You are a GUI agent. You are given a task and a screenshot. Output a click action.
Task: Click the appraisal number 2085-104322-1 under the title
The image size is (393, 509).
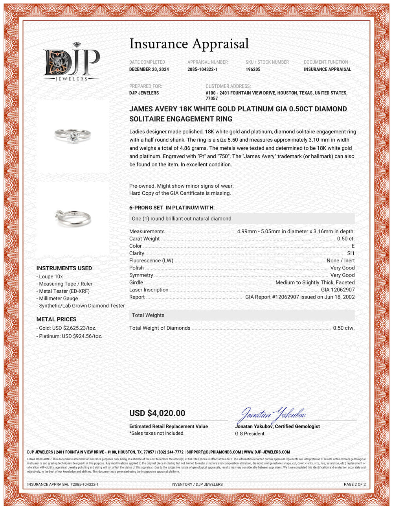point(202,69)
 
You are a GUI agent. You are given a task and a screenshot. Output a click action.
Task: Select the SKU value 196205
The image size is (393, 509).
point(253,69)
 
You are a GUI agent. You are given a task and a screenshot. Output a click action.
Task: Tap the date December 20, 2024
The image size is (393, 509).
point(149,69)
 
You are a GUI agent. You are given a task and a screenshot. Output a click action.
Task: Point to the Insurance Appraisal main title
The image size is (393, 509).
point(189,44)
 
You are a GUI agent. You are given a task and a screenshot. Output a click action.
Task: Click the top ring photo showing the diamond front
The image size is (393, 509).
point(73,136)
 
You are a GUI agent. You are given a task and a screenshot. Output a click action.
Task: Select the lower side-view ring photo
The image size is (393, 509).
point(73,217)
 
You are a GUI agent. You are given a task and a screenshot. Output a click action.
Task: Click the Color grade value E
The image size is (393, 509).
point(353,246)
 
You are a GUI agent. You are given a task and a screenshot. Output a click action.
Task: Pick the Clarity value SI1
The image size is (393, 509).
point(351,253)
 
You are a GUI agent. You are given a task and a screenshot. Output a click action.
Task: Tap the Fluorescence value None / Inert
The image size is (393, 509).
point(340,260)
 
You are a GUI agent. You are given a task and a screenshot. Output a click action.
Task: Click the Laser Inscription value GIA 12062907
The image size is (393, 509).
point(338,290)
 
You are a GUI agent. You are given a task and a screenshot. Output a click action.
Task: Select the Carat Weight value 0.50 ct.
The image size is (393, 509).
point(345,239)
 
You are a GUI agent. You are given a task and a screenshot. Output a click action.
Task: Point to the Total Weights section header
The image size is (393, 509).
point(148,315)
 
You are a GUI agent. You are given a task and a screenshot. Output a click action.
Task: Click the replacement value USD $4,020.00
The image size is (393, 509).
point(157,413)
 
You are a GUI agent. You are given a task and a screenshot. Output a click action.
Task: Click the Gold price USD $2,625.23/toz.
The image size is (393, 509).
point(67,328)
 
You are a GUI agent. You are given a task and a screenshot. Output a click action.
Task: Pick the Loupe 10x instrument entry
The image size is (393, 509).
point(51,277)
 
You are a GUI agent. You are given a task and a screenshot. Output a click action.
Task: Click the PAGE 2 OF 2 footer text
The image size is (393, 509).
point(354,484)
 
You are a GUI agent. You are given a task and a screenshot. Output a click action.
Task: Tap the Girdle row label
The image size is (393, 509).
point(136,282)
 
